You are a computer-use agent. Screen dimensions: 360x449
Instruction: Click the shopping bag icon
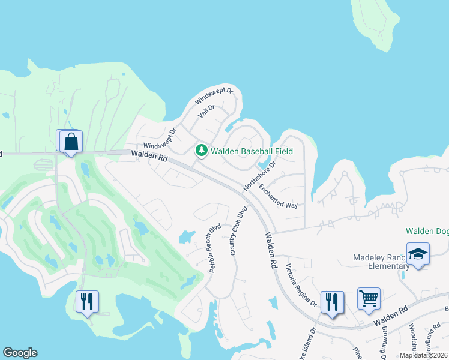(71, 142)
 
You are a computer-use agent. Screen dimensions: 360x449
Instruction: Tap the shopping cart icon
(369, 298)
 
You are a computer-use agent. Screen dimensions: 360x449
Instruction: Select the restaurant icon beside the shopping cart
(331, 301)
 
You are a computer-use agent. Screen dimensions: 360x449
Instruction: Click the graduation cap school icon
(418, 254)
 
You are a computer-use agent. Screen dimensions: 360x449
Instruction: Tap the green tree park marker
(202, 151)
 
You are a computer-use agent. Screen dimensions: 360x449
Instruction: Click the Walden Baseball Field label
(252, 151)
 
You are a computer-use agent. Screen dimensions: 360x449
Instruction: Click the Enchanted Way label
(278, 196)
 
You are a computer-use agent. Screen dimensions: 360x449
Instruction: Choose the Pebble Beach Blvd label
(215, 248)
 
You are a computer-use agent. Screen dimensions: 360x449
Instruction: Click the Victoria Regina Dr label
(301, 285)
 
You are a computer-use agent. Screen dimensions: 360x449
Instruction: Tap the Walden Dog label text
(427, 231)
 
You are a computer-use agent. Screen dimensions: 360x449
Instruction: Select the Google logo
(20, 353)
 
